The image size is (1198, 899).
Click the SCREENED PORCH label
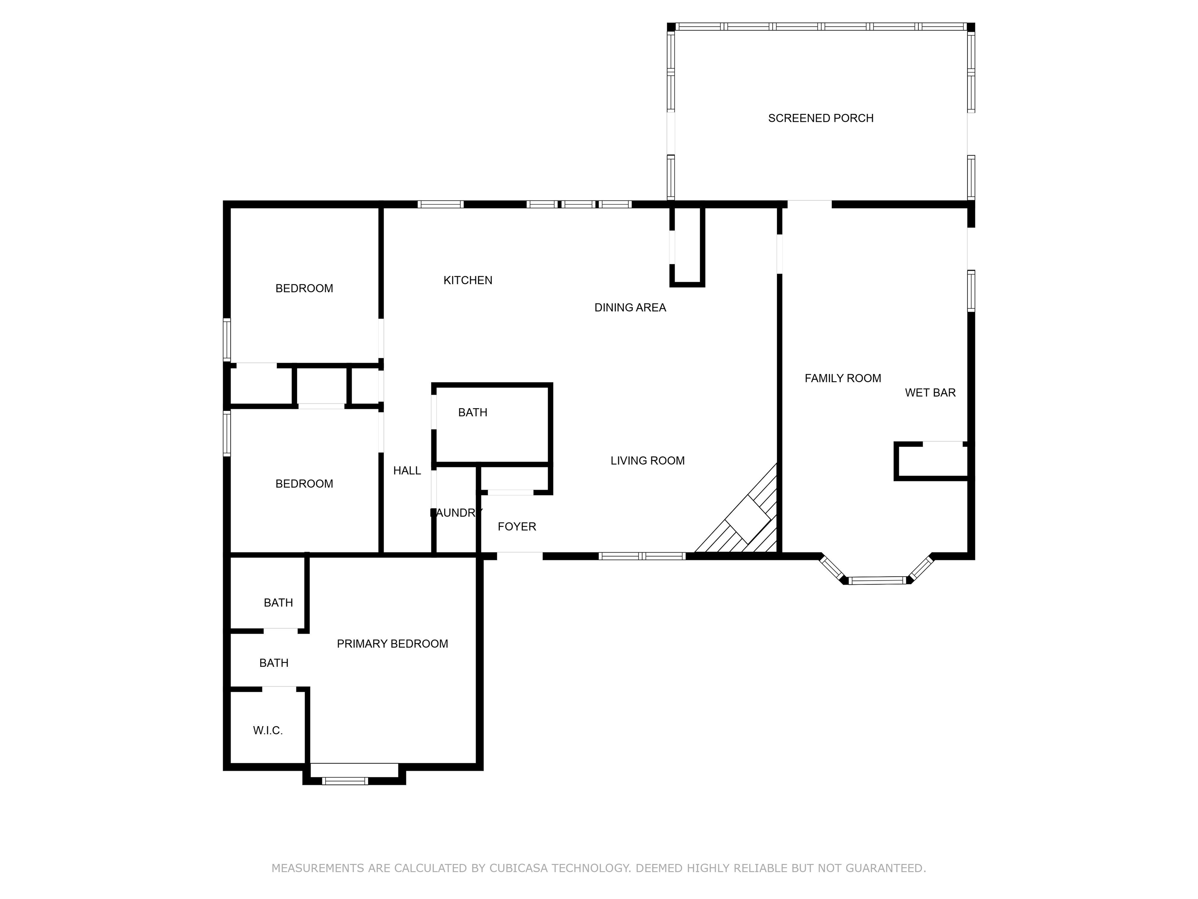pyautogui.click(x=820, y=118)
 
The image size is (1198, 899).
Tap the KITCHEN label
pyautogui.click(x=468, y=280)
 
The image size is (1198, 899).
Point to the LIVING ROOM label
pyautogui.click(x=647, y=460)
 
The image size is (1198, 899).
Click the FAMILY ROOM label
pyautogui.click(x=842, y=378)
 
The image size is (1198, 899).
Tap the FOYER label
pyautogui.click(x=517, y=526)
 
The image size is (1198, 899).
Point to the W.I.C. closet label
pyautogui.click(x=268, y=730)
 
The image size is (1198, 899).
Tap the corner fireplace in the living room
pyautogui.click(x=748, y=519)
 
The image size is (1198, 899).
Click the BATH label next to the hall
pyautogui.click(x=472, y=412)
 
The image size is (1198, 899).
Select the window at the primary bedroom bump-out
pyautogui.click(x=345, y=780)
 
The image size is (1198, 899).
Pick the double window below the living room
pyautogui.click(x=642, y=556)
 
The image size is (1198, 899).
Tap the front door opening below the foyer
pyautogui.click(x=519, y=555)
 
